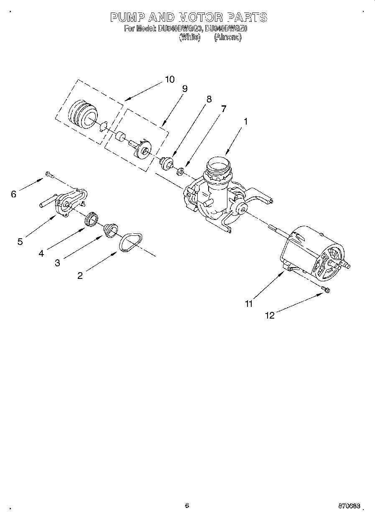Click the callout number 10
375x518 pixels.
point(170,79)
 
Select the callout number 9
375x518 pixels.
point(184,89)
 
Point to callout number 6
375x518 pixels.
point(13,194)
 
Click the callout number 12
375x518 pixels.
point(270,316)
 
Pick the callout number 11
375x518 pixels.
point(249,304)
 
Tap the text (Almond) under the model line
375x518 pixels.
point(227,37)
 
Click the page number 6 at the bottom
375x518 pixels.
point(187,505)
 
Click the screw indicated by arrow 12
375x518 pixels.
point(326,289)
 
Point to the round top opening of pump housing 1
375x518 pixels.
point(217,163)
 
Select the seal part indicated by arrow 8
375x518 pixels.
point(167,162)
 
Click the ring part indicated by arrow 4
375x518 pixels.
point(91,219)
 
